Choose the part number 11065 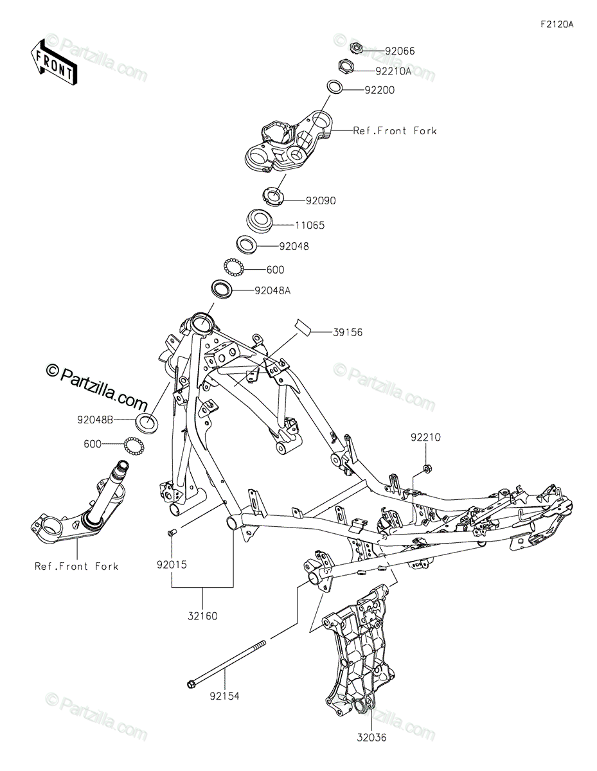(310, 226)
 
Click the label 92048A (273, 291)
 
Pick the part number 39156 (348, 332)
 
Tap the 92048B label (95, 420)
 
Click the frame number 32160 (202, 616)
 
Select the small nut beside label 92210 (428, 467)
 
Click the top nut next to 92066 (355, 48)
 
